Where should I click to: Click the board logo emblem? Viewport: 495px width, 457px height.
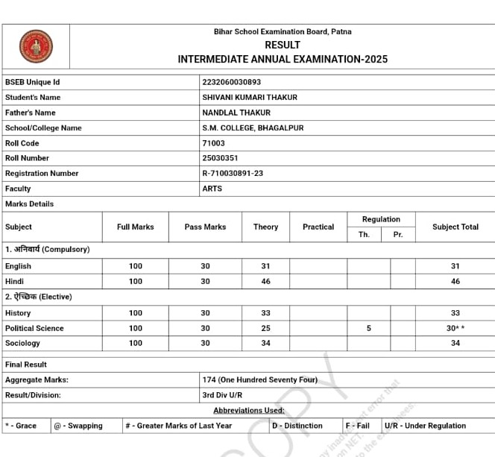(36, 46)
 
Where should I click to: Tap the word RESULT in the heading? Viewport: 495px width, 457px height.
(283, 45)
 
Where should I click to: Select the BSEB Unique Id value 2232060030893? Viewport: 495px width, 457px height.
(232, 82)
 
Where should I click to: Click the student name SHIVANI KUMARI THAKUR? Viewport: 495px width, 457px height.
(250, 98)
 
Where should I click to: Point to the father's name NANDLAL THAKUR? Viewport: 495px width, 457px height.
(236, 113)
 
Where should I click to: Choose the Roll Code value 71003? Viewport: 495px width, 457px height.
(213, 143)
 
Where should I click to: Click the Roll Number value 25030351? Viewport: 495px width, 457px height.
(220, 158)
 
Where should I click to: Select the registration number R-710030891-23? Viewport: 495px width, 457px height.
(233, 174)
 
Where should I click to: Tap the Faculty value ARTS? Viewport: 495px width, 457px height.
(212, 189)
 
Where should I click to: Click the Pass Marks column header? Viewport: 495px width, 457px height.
(205, 227)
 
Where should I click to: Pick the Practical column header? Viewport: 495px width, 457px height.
(318, 227)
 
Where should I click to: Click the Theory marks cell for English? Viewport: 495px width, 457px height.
(265, 266)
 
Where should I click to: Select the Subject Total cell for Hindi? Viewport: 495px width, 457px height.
(455, 282)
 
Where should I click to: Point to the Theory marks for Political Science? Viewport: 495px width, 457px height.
(265, 328)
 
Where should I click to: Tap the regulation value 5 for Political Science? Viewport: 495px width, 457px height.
(368, 328)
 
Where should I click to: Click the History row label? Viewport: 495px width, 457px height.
(18, 313)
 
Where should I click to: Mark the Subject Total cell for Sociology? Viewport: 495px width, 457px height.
(455, 343)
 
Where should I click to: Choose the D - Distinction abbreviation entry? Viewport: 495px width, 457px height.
(297, 426)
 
